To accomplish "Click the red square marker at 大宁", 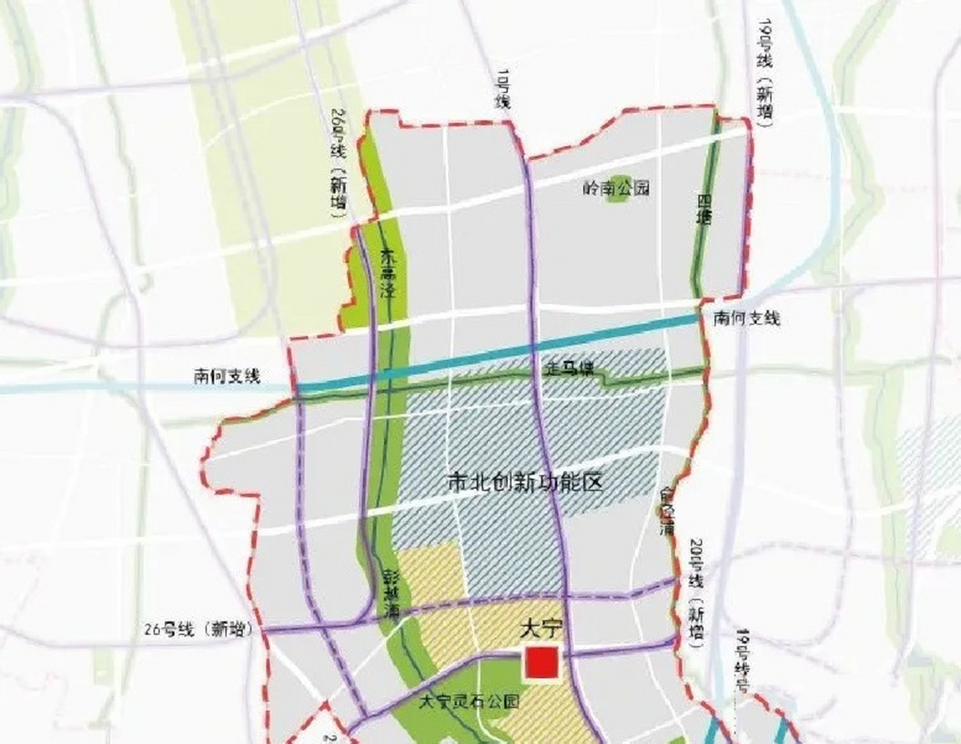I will tap(542, 663).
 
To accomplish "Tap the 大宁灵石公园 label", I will tap(469, 702).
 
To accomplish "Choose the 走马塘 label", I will tap(569, 368).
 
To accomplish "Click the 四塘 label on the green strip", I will tap(704, 210).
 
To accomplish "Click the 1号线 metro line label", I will tap(502, 88).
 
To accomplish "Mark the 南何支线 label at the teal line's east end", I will tap(746, 318).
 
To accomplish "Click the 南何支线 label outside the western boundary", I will tap(227, 377).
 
